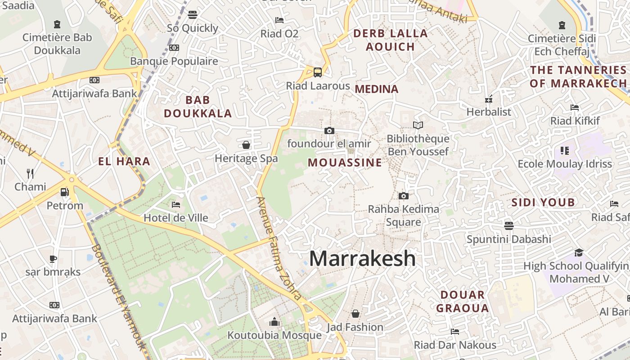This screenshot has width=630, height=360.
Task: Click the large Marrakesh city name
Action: tap(362, 259)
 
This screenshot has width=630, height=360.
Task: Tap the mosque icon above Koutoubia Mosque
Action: tap(274, 322)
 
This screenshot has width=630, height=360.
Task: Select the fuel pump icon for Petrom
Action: tap(65, 192)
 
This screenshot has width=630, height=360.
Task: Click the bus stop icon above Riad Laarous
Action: tap(318, 72)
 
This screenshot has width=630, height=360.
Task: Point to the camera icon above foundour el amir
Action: tap(329, 130)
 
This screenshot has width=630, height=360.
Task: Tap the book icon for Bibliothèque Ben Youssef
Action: tap(418, 125)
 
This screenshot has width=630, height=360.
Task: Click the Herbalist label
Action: tap(489, 112)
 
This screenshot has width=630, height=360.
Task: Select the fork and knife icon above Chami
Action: tap(30, 173)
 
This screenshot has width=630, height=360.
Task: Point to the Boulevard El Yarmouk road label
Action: tap(119, 297)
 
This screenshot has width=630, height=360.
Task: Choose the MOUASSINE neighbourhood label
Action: tap(345, 163)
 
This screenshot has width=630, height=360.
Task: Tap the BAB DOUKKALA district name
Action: tap(198, 107)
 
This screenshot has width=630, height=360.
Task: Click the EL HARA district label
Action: tap(124, 161)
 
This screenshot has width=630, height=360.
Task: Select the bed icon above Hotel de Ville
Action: tap(176, 205)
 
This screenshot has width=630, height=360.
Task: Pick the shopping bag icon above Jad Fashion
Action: tap(355, 314)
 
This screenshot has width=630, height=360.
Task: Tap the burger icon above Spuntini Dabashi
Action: tap(509, 225)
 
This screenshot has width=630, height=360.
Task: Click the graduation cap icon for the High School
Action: tap(579, 253)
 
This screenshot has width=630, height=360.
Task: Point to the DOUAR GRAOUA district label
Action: tap(463, 301)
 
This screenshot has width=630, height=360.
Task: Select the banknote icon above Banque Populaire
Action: tap(174, 48)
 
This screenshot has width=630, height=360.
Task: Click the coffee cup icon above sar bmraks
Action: tap(53, 259)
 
